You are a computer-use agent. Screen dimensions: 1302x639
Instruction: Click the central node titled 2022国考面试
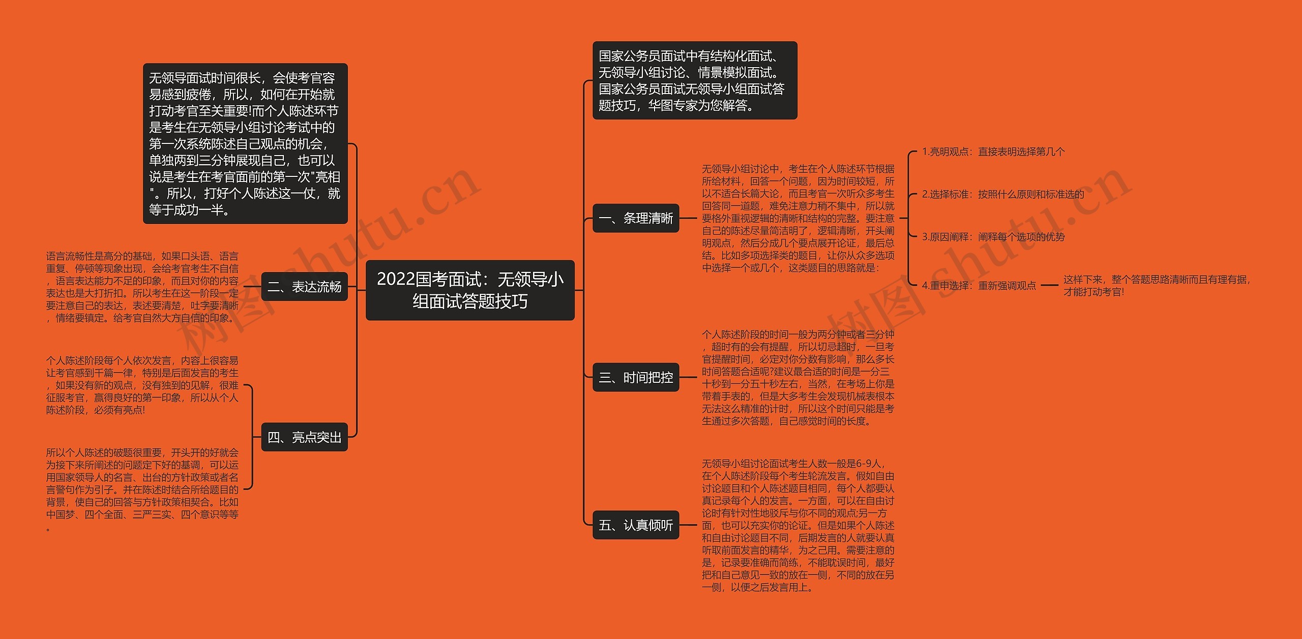point(470,290)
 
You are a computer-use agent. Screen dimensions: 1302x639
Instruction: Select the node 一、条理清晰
point(636,218)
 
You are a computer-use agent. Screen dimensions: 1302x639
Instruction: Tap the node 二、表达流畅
point(304,287)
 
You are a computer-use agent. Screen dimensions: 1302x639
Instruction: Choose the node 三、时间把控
point(636,377)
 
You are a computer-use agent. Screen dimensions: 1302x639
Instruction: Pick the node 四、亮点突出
point(304,437)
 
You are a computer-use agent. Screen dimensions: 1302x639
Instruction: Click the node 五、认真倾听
point(636,525)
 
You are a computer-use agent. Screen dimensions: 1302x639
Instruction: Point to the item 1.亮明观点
point(993,151)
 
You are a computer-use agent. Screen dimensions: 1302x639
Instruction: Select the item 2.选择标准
point(1002,194)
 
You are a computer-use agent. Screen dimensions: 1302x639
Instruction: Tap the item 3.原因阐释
point(993,237)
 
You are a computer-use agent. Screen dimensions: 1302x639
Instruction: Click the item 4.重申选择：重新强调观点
point(979,286)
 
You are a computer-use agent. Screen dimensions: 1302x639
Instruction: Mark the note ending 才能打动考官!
point(1156,286)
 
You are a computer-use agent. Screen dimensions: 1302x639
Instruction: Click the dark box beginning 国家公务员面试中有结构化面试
point(695,80)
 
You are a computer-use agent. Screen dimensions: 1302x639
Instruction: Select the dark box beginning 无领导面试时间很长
point(245,143)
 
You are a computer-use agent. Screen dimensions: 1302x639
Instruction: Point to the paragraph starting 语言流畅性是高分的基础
point(142,287)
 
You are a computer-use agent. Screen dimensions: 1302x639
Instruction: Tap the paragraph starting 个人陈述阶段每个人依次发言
point(142,385)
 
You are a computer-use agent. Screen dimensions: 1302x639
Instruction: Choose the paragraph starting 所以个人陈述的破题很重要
point(142,489)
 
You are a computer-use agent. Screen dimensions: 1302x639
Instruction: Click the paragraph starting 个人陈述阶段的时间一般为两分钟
point(797,378)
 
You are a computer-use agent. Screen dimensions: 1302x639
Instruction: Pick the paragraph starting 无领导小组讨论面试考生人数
point(797,525)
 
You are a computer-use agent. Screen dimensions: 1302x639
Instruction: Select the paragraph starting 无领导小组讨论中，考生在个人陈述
point(797,218)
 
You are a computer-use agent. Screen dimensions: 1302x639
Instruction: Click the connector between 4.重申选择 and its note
point(1049,286)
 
